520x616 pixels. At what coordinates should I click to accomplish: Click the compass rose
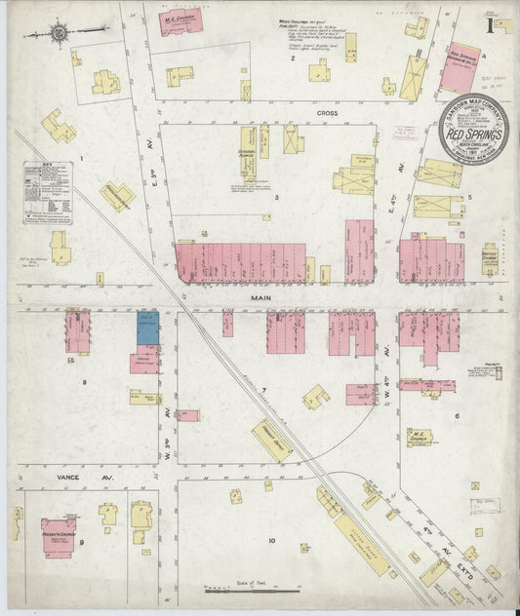click(x=59, y=34)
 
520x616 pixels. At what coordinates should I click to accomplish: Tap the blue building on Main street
click(x=147, y=327)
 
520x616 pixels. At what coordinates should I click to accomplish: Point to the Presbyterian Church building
click(x=59, y=536)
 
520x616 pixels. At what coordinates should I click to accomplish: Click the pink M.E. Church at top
click(x=182, y=19)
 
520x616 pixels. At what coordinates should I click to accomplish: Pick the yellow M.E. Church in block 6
click(x=420, y=439)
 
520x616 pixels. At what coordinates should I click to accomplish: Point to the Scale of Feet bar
click(x=250, y=589)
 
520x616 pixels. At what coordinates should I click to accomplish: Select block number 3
click(x=276, y=198)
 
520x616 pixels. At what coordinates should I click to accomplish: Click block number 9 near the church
click(x=82, y=541)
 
